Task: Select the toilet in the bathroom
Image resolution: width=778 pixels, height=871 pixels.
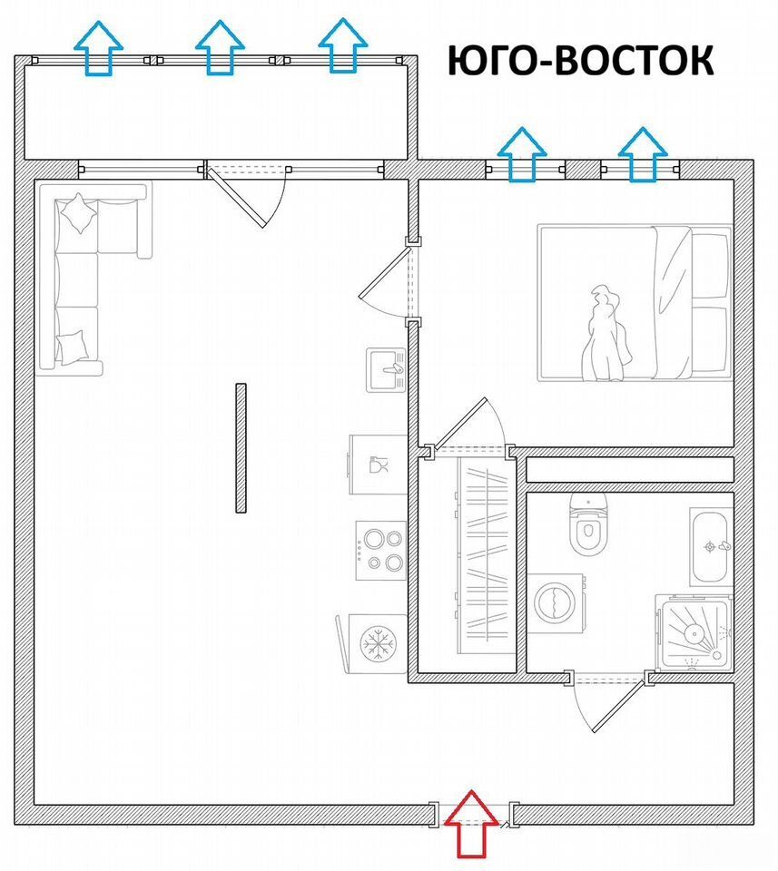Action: pyautogui.click(x=589, y=525)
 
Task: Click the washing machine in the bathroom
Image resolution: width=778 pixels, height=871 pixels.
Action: pyautogui.click(x=556, y=603)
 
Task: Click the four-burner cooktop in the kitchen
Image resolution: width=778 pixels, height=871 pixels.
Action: pyautogui.click(x=381, y=551)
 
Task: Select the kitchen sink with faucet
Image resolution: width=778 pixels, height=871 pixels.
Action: pyautogui.click(x=387, y=370)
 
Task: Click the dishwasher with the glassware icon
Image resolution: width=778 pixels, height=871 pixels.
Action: pyautogui.click(x=378, y=465)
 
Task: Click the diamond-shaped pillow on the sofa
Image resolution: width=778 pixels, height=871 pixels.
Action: pyautogui.click(x=78, y=213)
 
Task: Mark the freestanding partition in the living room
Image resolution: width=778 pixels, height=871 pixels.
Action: pyautogui.click(x=241, y=447)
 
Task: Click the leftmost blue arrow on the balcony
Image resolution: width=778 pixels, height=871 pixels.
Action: pyautogui.click(x=98, y=48)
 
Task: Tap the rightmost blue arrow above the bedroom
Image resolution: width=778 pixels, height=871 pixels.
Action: pyautogui.click(x=643, y=154)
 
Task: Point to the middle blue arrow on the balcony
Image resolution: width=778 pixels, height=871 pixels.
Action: pyautogui.click(x=220, y=47)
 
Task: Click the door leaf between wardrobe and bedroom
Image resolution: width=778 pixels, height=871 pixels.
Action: pyautogui.click(x=460, y=424)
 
